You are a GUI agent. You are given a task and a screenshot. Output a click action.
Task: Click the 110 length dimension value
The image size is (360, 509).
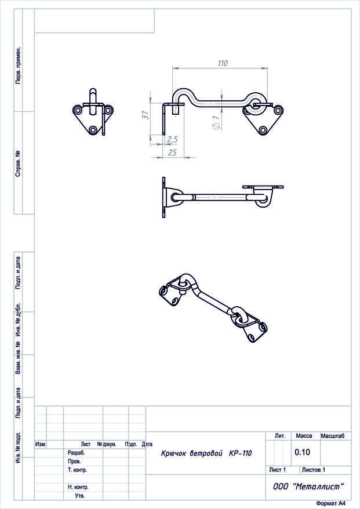point(223,63)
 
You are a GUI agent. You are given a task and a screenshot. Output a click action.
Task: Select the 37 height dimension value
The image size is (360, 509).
point(146,115)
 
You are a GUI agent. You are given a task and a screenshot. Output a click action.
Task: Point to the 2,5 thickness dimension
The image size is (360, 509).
point(172,139)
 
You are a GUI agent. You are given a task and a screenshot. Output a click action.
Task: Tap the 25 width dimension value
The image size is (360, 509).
point(172,152)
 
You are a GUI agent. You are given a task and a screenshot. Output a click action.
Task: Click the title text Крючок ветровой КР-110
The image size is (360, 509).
point(206,453)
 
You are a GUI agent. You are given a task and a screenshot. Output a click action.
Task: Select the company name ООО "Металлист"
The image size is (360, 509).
point(308,486)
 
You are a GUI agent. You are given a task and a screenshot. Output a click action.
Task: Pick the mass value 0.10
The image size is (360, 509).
point(302,452)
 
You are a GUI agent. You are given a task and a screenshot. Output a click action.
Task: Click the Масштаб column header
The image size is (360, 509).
point(332,436)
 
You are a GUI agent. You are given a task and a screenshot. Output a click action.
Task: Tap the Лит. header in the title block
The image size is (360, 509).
point(280,436)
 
